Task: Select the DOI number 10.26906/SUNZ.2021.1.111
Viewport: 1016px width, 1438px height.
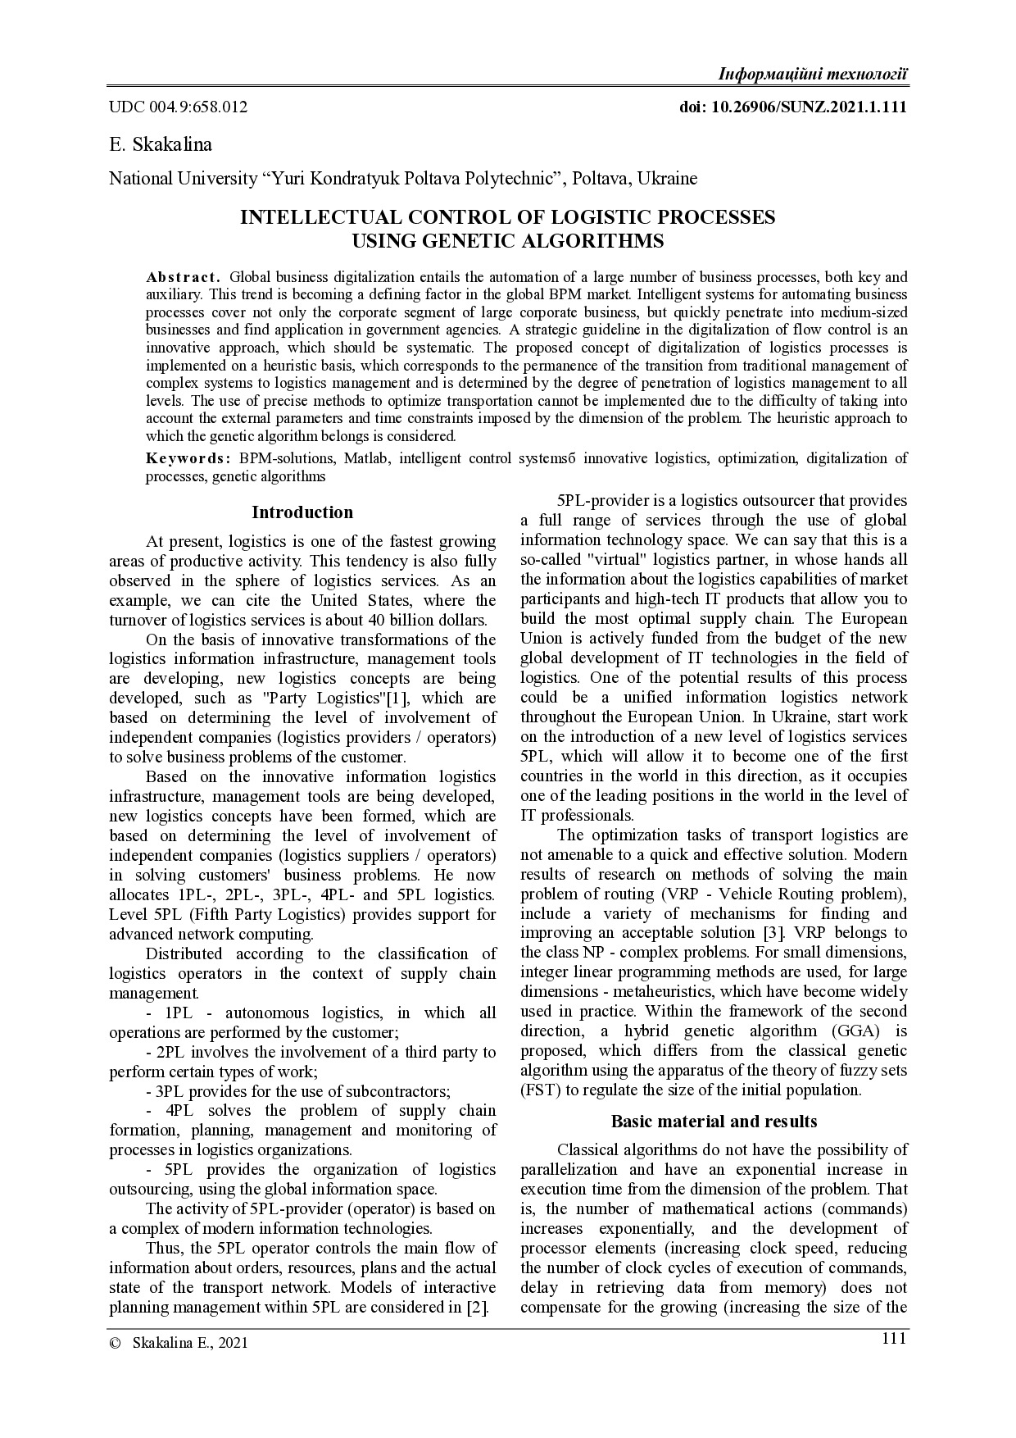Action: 810,107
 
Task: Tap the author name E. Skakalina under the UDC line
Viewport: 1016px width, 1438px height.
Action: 161,145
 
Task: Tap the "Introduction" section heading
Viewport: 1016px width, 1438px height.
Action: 302,512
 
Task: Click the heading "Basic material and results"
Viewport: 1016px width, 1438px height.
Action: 714,1121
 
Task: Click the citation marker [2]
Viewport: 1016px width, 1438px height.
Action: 476,1308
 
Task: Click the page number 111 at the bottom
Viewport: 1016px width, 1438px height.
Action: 894,1339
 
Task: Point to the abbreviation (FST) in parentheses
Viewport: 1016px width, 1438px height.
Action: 537,1090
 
